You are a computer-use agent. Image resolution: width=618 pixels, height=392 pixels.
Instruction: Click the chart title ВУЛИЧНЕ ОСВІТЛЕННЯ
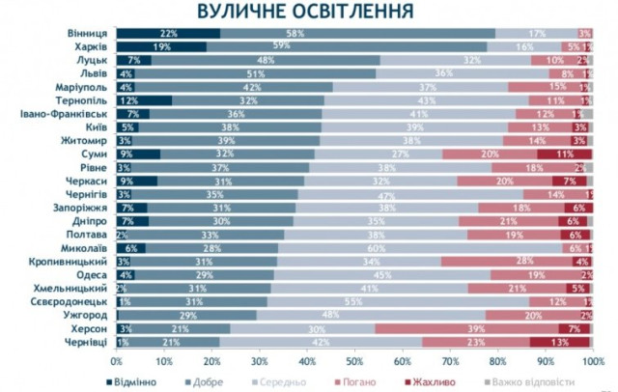coord(307,13)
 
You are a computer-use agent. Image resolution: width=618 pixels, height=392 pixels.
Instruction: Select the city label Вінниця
coord(88,33)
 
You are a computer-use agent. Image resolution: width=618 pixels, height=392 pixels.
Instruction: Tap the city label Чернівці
coord(86,342)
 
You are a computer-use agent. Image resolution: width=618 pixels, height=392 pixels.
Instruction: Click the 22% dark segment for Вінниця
coord(168,33)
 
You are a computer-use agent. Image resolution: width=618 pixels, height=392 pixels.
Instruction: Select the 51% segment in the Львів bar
coord(256,73)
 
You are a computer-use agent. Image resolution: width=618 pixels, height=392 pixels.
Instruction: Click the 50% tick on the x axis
coord(355,361)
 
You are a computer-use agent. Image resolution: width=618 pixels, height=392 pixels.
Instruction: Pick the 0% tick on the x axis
coord(116,361)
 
